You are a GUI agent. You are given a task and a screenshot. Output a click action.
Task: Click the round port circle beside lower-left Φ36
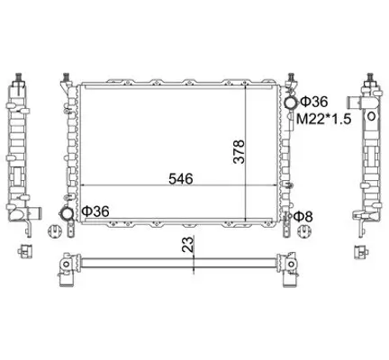pyautogui.click(x=67, y=213)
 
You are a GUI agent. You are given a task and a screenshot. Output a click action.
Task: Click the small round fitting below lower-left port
pyautogui.click(x=67, y=232)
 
